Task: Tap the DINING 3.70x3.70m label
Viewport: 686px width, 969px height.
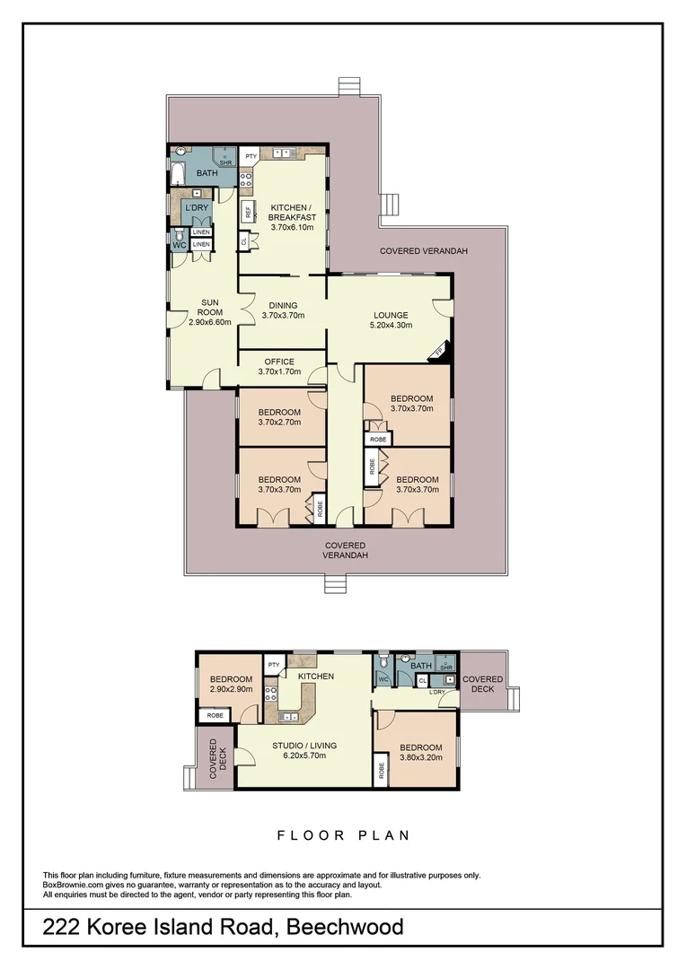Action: [x=283, y=310]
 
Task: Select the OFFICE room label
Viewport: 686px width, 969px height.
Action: [x=279, y=367]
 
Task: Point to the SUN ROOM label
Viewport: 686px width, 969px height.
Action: [x=210, y=311]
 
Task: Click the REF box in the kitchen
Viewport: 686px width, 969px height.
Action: [x=247, y=214]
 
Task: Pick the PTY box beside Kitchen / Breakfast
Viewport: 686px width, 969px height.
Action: [x=251, y=156]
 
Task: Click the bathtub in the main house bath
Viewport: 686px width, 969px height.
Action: [x=178, y=172]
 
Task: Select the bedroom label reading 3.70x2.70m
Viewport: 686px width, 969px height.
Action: [x=279, y=417]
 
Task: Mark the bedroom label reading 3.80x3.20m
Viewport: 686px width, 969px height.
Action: [x=420, y=753]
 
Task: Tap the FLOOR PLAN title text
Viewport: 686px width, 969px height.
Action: [x=343, y=835]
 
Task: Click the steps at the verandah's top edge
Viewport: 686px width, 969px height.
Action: [x=348, y=87]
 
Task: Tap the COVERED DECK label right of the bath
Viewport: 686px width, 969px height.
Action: [x=483, y=685]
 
